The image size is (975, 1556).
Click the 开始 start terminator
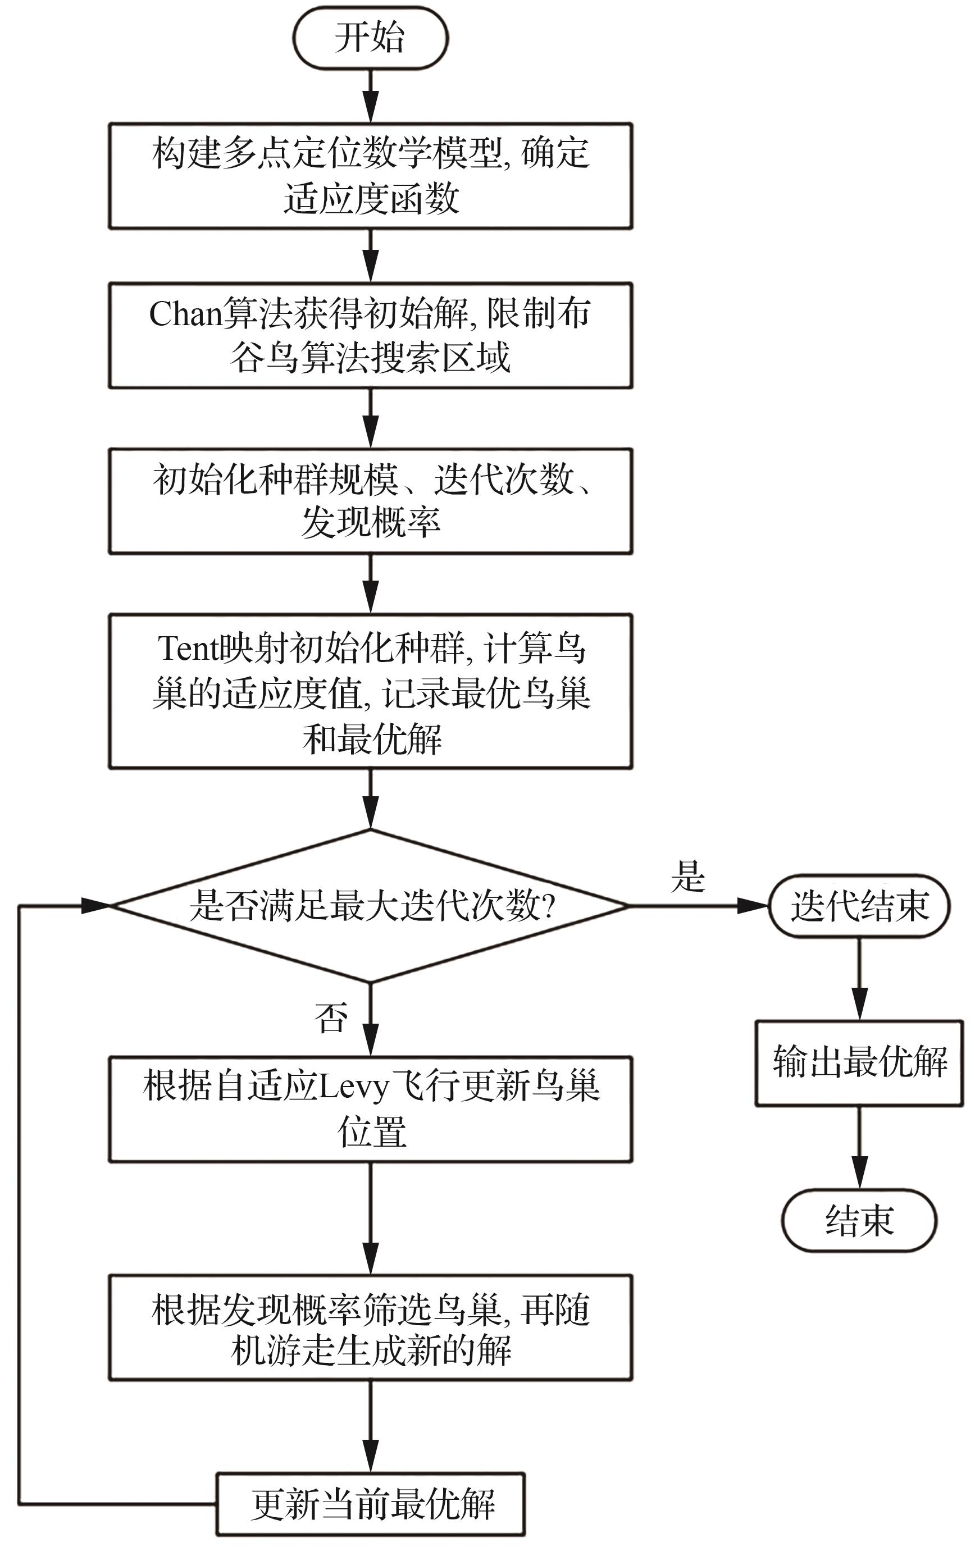pyautogui.click(x=370, y=38)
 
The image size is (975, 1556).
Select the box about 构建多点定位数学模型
pyautogui.click(x=370, y=175)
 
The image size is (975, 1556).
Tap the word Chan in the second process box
pyautogui.click(x=185, y=314)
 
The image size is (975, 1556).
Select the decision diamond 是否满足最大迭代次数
pyautogui.click(x=370, y=906)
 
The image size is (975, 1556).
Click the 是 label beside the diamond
pyautogui.click(x=688, y=877)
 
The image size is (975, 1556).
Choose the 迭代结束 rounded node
pyautogui.click(x=859, y=906)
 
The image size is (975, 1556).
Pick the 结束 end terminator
pyautogui.click(x=859, y=1220)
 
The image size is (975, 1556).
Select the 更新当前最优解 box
pyautogui.click(x=370, y=1503)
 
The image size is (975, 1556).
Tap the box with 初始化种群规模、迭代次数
pyautogui.click(x=370, y=501)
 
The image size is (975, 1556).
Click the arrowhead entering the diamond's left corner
pyautogui.click(x=97, y=906)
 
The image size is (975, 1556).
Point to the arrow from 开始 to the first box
pyautogui.click(x=370, y=97)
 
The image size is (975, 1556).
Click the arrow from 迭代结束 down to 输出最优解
pyautogui.click(x=859, y=980)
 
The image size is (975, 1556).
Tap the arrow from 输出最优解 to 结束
pyautogui.click(x=859, y=1147)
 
